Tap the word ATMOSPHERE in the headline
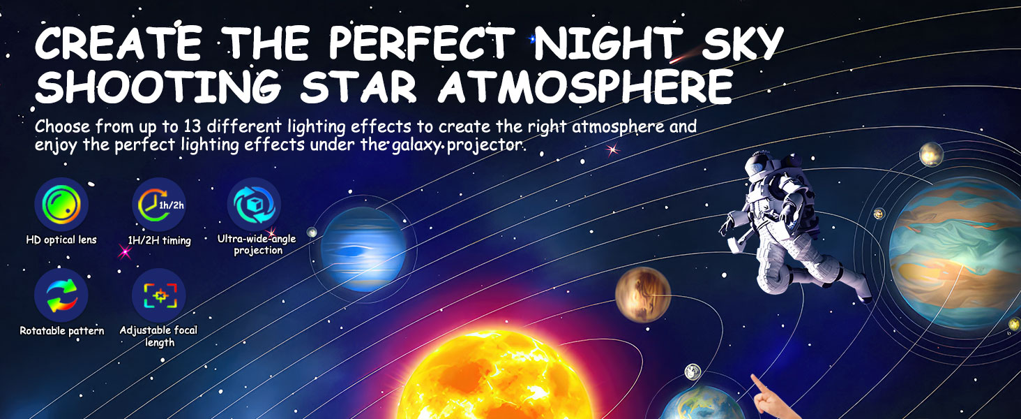tap(587, 88)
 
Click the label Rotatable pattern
tap(62, 330)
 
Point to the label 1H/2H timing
tap(159, 240)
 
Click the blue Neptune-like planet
tap(363, 249)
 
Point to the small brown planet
tap(642, 295)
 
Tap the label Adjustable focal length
tap(159, 336)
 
